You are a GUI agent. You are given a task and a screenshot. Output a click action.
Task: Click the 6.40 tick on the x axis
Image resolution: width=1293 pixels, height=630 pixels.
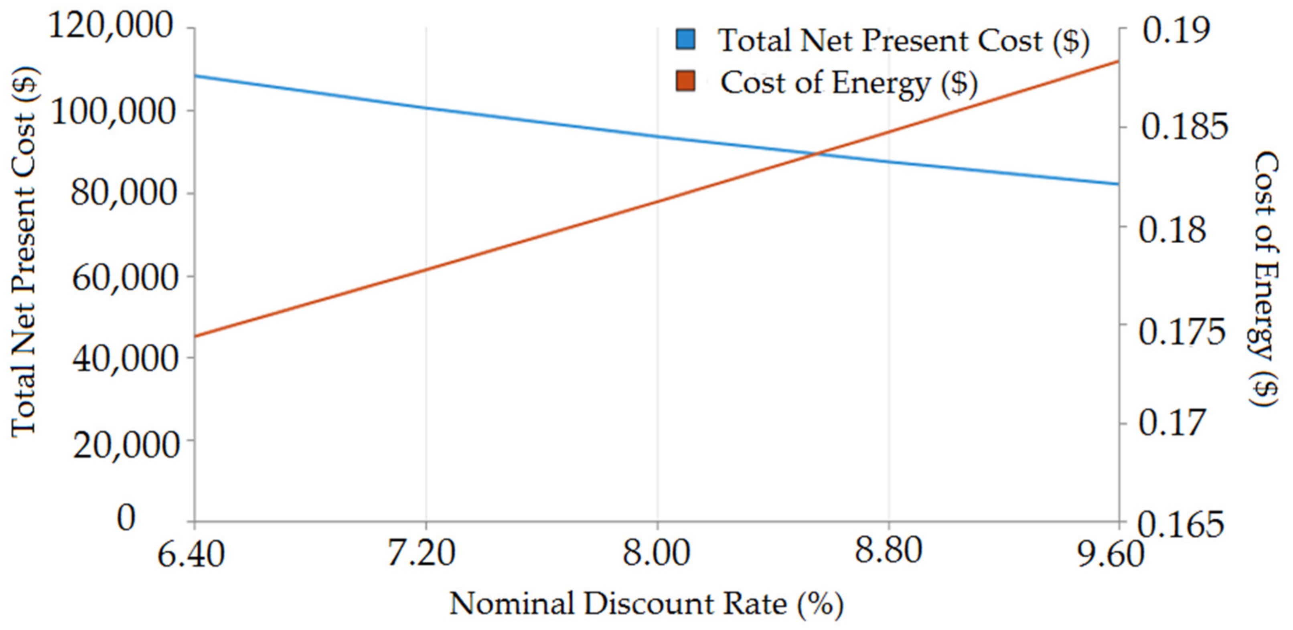click(x=191, y=555)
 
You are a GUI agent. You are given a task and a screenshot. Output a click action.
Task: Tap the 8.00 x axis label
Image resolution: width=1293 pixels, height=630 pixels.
click(x=656, y=554)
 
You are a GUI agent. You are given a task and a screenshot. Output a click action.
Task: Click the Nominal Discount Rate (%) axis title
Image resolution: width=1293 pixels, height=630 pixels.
click(x=646, y=604)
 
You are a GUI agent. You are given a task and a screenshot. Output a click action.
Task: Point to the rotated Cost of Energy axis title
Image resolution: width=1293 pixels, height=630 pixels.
click(x=1265, y=279)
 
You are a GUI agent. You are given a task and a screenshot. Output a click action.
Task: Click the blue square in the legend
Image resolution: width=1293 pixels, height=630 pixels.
click(x=686, y=40)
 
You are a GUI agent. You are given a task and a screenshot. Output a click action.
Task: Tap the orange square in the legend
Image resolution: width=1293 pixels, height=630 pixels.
click(x=686, y=81)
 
